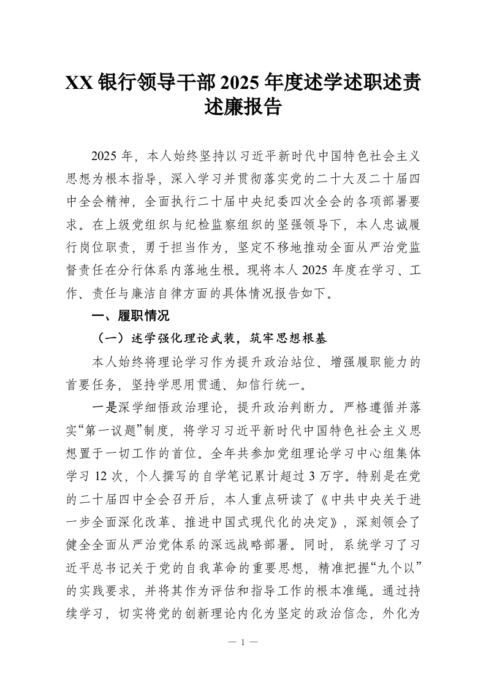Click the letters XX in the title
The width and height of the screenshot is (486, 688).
point(80,82)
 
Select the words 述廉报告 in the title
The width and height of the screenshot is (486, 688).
point(243,109)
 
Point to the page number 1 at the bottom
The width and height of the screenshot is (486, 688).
point(243,643)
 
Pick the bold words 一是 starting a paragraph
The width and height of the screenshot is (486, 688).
point(101,408)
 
